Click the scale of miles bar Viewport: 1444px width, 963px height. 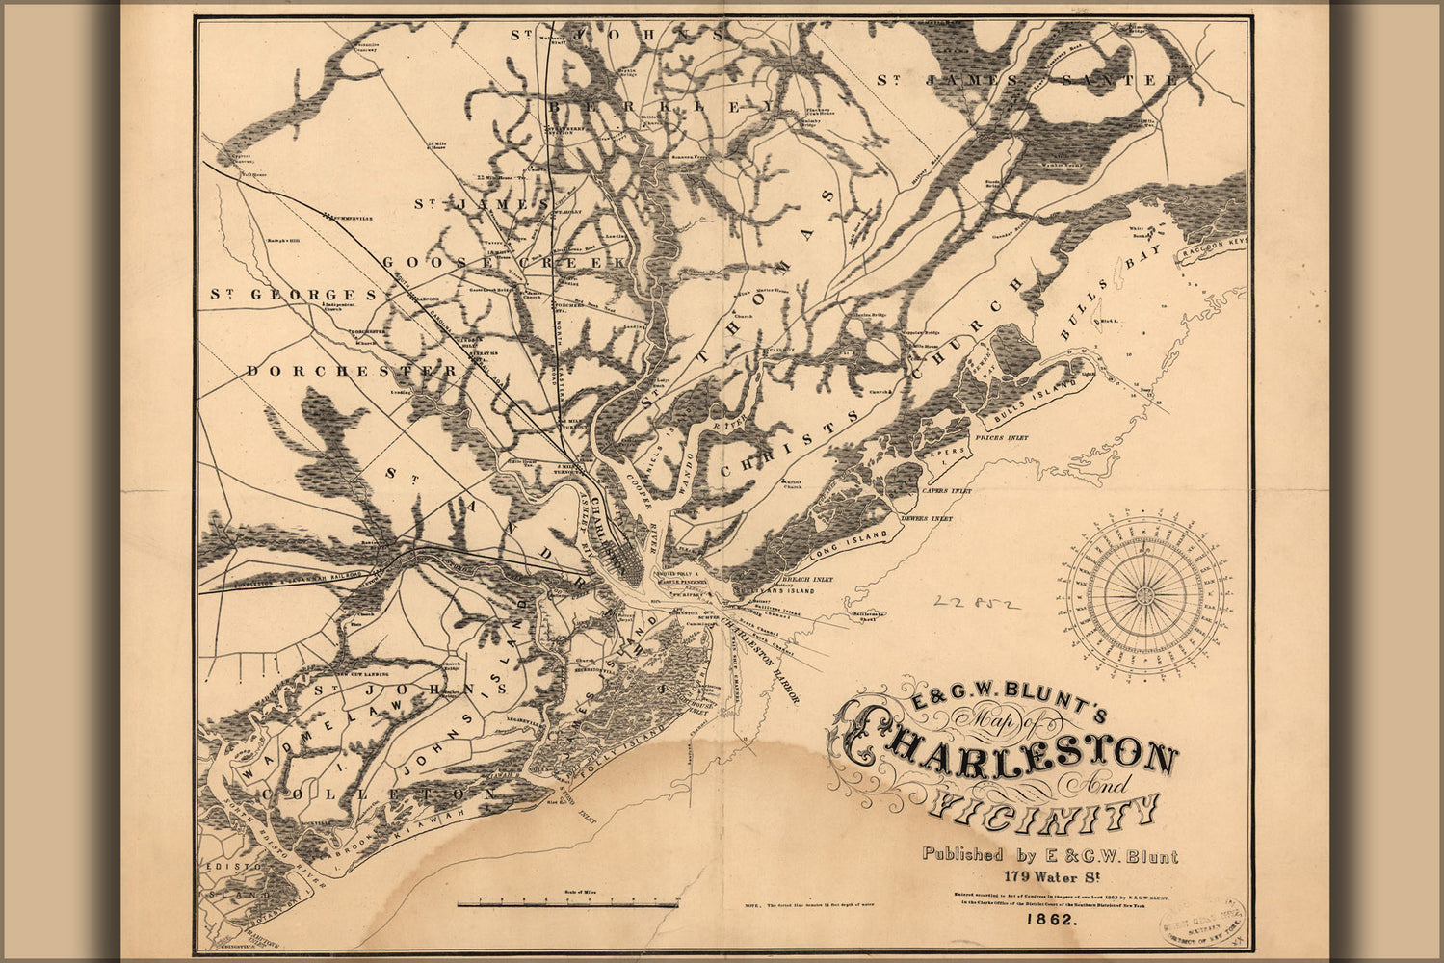click(569, 904)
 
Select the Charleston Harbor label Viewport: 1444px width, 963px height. click(761, 661)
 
